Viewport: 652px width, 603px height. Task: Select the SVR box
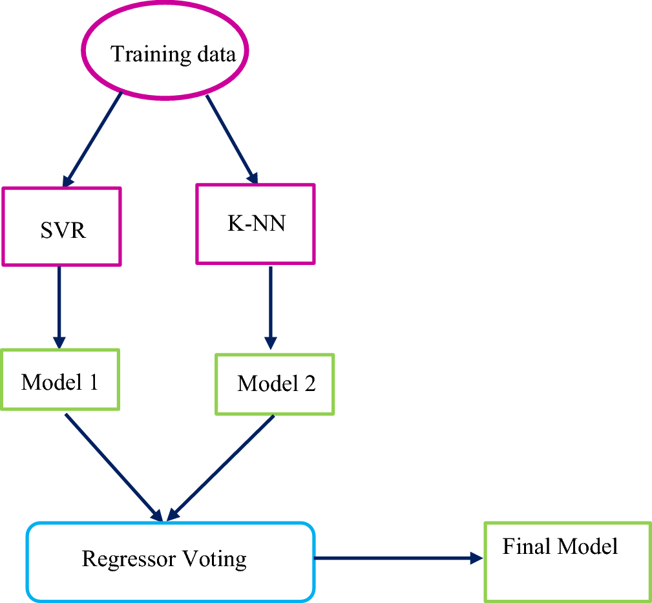pyautogui.click(x=62, y=226)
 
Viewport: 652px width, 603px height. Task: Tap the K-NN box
pyautogui.click(x=255, y=224)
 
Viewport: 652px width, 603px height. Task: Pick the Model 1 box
pyautogui.click(x=60, y=379)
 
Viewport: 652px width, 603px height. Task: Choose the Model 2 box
pyautogui.click(x=275, y=384)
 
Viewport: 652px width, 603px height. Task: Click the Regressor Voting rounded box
pyautogui.click(x=170, y=560)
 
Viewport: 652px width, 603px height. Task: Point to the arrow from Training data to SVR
pyautogui.click(x=94, y=138)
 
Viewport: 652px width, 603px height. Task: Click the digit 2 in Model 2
pyautogui.click(x=310, y=384)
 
